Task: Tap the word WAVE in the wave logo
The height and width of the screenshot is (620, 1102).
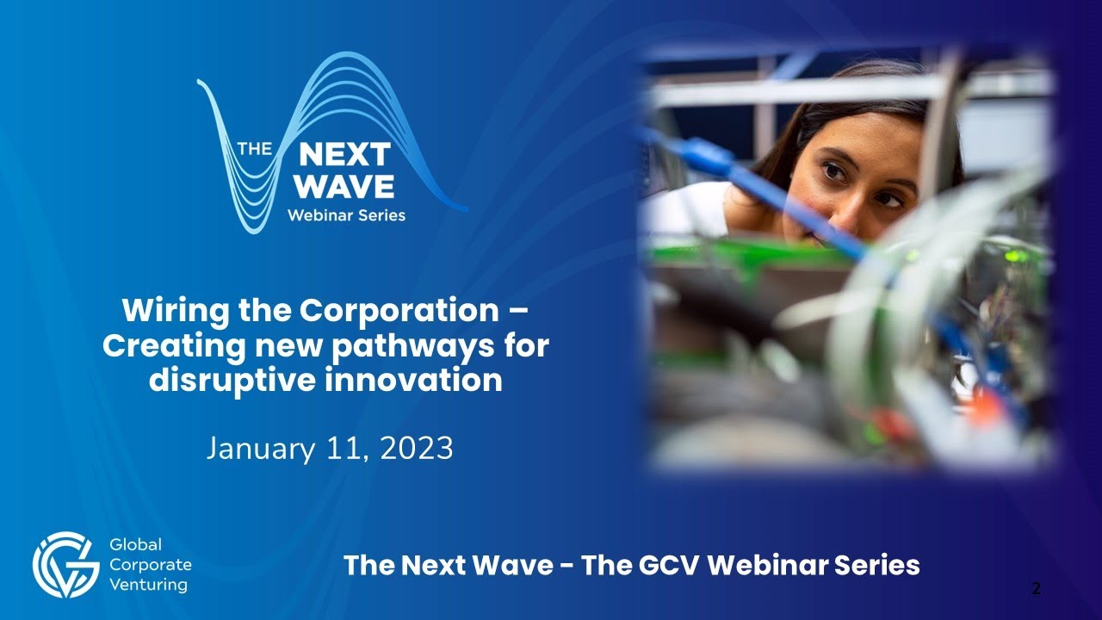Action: click(344, 186)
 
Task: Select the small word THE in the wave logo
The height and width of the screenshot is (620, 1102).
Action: click(254, 148)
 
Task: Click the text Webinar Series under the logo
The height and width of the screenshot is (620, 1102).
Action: click(346, 214)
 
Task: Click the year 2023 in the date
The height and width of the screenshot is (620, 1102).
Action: click(418, 449)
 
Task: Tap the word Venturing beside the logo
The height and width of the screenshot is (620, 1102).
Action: click(150, 586)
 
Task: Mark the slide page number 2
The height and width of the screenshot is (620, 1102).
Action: click(1036, 589)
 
